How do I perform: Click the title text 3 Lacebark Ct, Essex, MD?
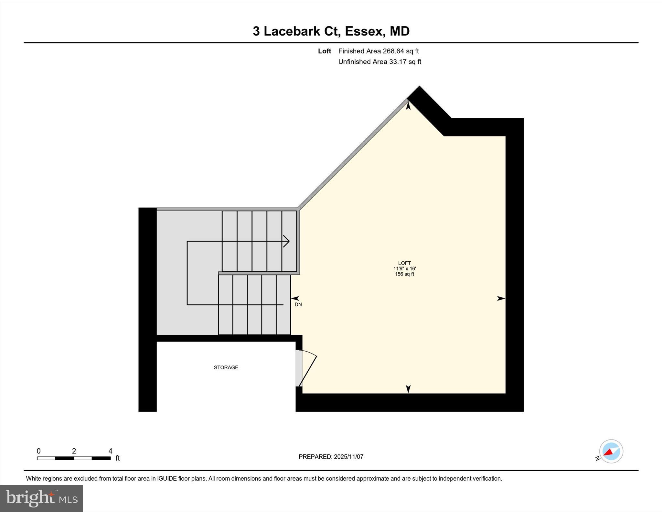pos(331,31)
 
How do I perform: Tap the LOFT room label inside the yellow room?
pos(404,263)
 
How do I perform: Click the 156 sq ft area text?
pos(404,274)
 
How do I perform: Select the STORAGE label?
pos(226,367)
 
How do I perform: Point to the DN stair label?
pos(298,305)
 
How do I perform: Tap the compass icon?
pos(611,451)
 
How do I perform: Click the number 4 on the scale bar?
pos(110,451)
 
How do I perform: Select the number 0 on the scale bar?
pos(38,451)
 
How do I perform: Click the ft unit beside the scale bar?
pos(118,458)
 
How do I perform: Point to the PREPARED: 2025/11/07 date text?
pos(331,457)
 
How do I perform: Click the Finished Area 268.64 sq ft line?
pos(378,51)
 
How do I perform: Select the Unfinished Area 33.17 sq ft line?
pos(379,62)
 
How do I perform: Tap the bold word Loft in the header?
pos(324,51)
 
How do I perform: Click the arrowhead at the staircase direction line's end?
pos(287,241)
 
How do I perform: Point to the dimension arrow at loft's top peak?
pos(408,105)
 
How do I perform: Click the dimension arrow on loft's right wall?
pos(501,299)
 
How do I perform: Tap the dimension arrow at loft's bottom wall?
pos(408,389)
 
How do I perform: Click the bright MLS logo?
pos(41,498)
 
